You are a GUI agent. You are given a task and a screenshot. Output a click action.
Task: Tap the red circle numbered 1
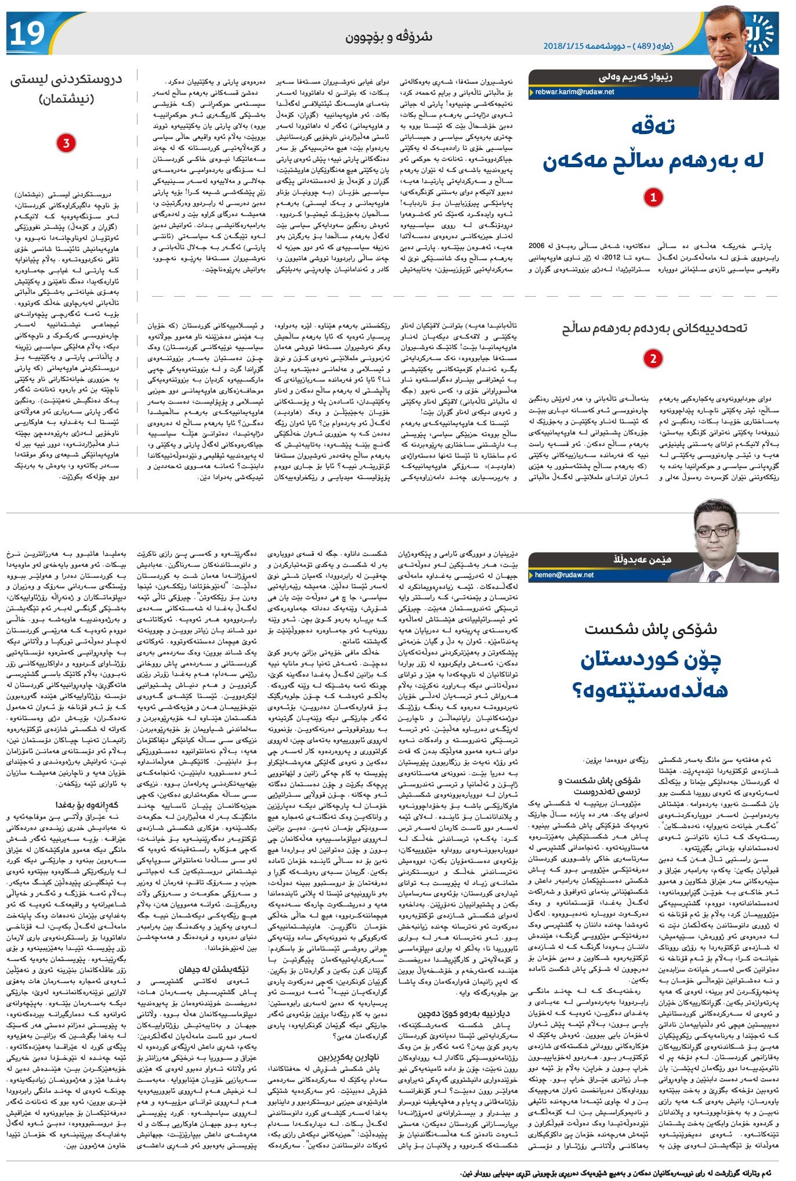653,197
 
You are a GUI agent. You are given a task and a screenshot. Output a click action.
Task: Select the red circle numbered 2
653,358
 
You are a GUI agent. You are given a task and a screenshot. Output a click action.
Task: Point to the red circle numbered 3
66,143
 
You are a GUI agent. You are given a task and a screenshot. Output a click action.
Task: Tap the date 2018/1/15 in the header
565,45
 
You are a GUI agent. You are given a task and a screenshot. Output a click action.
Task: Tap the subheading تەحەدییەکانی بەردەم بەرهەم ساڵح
654,328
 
